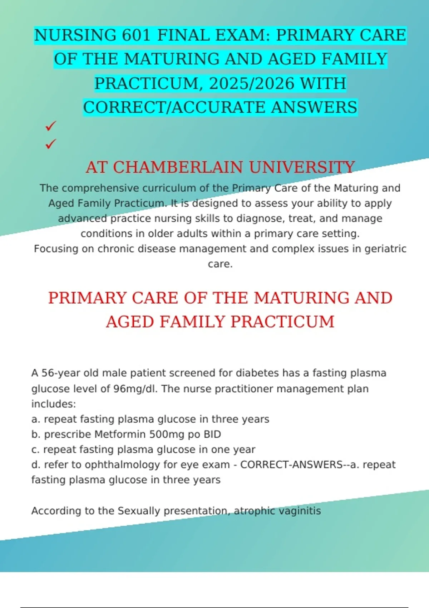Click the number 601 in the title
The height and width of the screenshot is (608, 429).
tap(137, 35)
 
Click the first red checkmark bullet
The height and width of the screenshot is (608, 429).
tap(51, 126)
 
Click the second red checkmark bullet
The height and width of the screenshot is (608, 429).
tap(51, 144)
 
